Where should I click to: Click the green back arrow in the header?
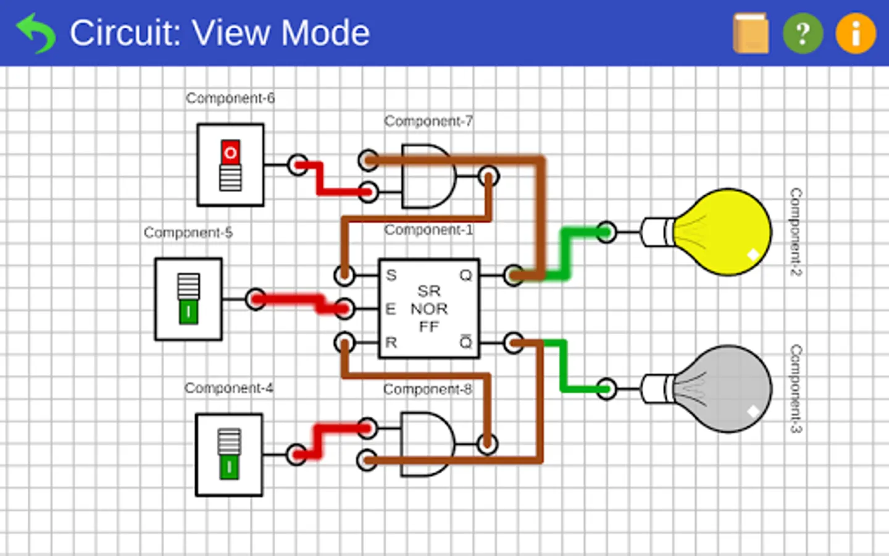[36, 33]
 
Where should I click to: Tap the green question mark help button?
[803, 33]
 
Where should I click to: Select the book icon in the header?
[751, 33]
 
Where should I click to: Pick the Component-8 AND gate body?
[426, 444]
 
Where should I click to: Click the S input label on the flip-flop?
[391, 275]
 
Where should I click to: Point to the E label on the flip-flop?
[390, 309]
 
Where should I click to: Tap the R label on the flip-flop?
[391, 342]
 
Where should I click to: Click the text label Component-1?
[428, 230]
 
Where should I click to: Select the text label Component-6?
[230, 98]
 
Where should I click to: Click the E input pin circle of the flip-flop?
[344, 308]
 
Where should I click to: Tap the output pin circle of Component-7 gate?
[488, 176]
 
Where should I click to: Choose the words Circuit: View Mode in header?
[219, 33]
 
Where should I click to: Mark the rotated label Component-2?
[796, 232]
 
